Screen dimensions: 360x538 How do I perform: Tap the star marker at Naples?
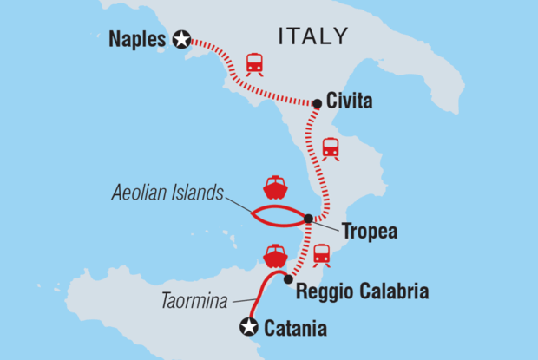tap(181, 39)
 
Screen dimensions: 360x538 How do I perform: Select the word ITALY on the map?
tap(312, 36)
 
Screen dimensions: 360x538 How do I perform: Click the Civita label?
tap(350, 102)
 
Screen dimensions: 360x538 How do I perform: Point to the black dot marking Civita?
tap(317, 104)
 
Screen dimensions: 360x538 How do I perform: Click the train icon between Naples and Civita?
tap(254, 63)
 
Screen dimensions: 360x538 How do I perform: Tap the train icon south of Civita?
tap(331, 148)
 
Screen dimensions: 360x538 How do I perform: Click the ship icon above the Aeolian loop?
tap(275, 187)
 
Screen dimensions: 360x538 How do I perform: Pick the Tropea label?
tap(370, 233)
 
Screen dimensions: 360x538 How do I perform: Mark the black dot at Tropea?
tap(308, 218)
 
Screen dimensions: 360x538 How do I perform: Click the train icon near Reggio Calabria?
tap(321, 253)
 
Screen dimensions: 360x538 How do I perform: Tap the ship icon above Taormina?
tap(275, 255)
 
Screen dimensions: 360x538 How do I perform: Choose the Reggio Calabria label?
tap(362, 291)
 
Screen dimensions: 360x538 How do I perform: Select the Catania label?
tap(296, 328)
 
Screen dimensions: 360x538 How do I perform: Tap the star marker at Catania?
tap(250, 327)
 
